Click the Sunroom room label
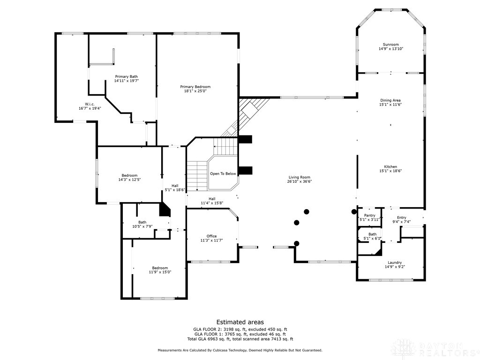point(390,45)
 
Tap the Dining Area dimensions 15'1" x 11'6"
point(390,105)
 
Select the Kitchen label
point(390,166)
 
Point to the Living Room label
point(300,177)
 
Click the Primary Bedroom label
point(195,87)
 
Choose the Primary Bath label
point(127,76)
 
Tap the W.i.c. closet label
point(90,104)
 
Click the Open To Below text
point(223,173)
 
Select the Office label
point(212,236)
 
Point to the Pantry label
point(370,215)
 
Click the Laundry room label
point(395,262)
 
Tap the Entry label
point(402,217)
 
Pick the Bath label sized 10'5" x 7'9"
point(142,222)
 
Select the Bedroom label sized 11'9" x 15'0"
point(158,268)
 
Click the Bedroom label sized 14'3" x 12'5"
point(129,175)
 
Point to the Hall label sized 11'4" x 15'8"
point(212,198)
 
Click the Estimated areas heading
point(240,322)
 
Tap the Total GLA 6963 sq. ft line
point(240,339)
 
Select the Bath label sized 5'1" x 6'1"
point(372,234)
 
